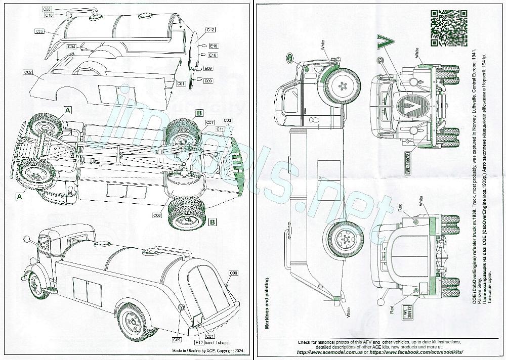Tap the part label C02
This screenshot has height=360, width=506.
(x=28, y=73)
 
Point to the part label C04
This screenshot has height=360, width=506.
(x=71, y=47)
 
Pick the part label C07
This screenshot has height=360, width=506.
(x=210, y=122)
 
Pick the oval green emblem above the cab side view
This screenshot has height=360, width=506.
(x=289, y=56)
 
